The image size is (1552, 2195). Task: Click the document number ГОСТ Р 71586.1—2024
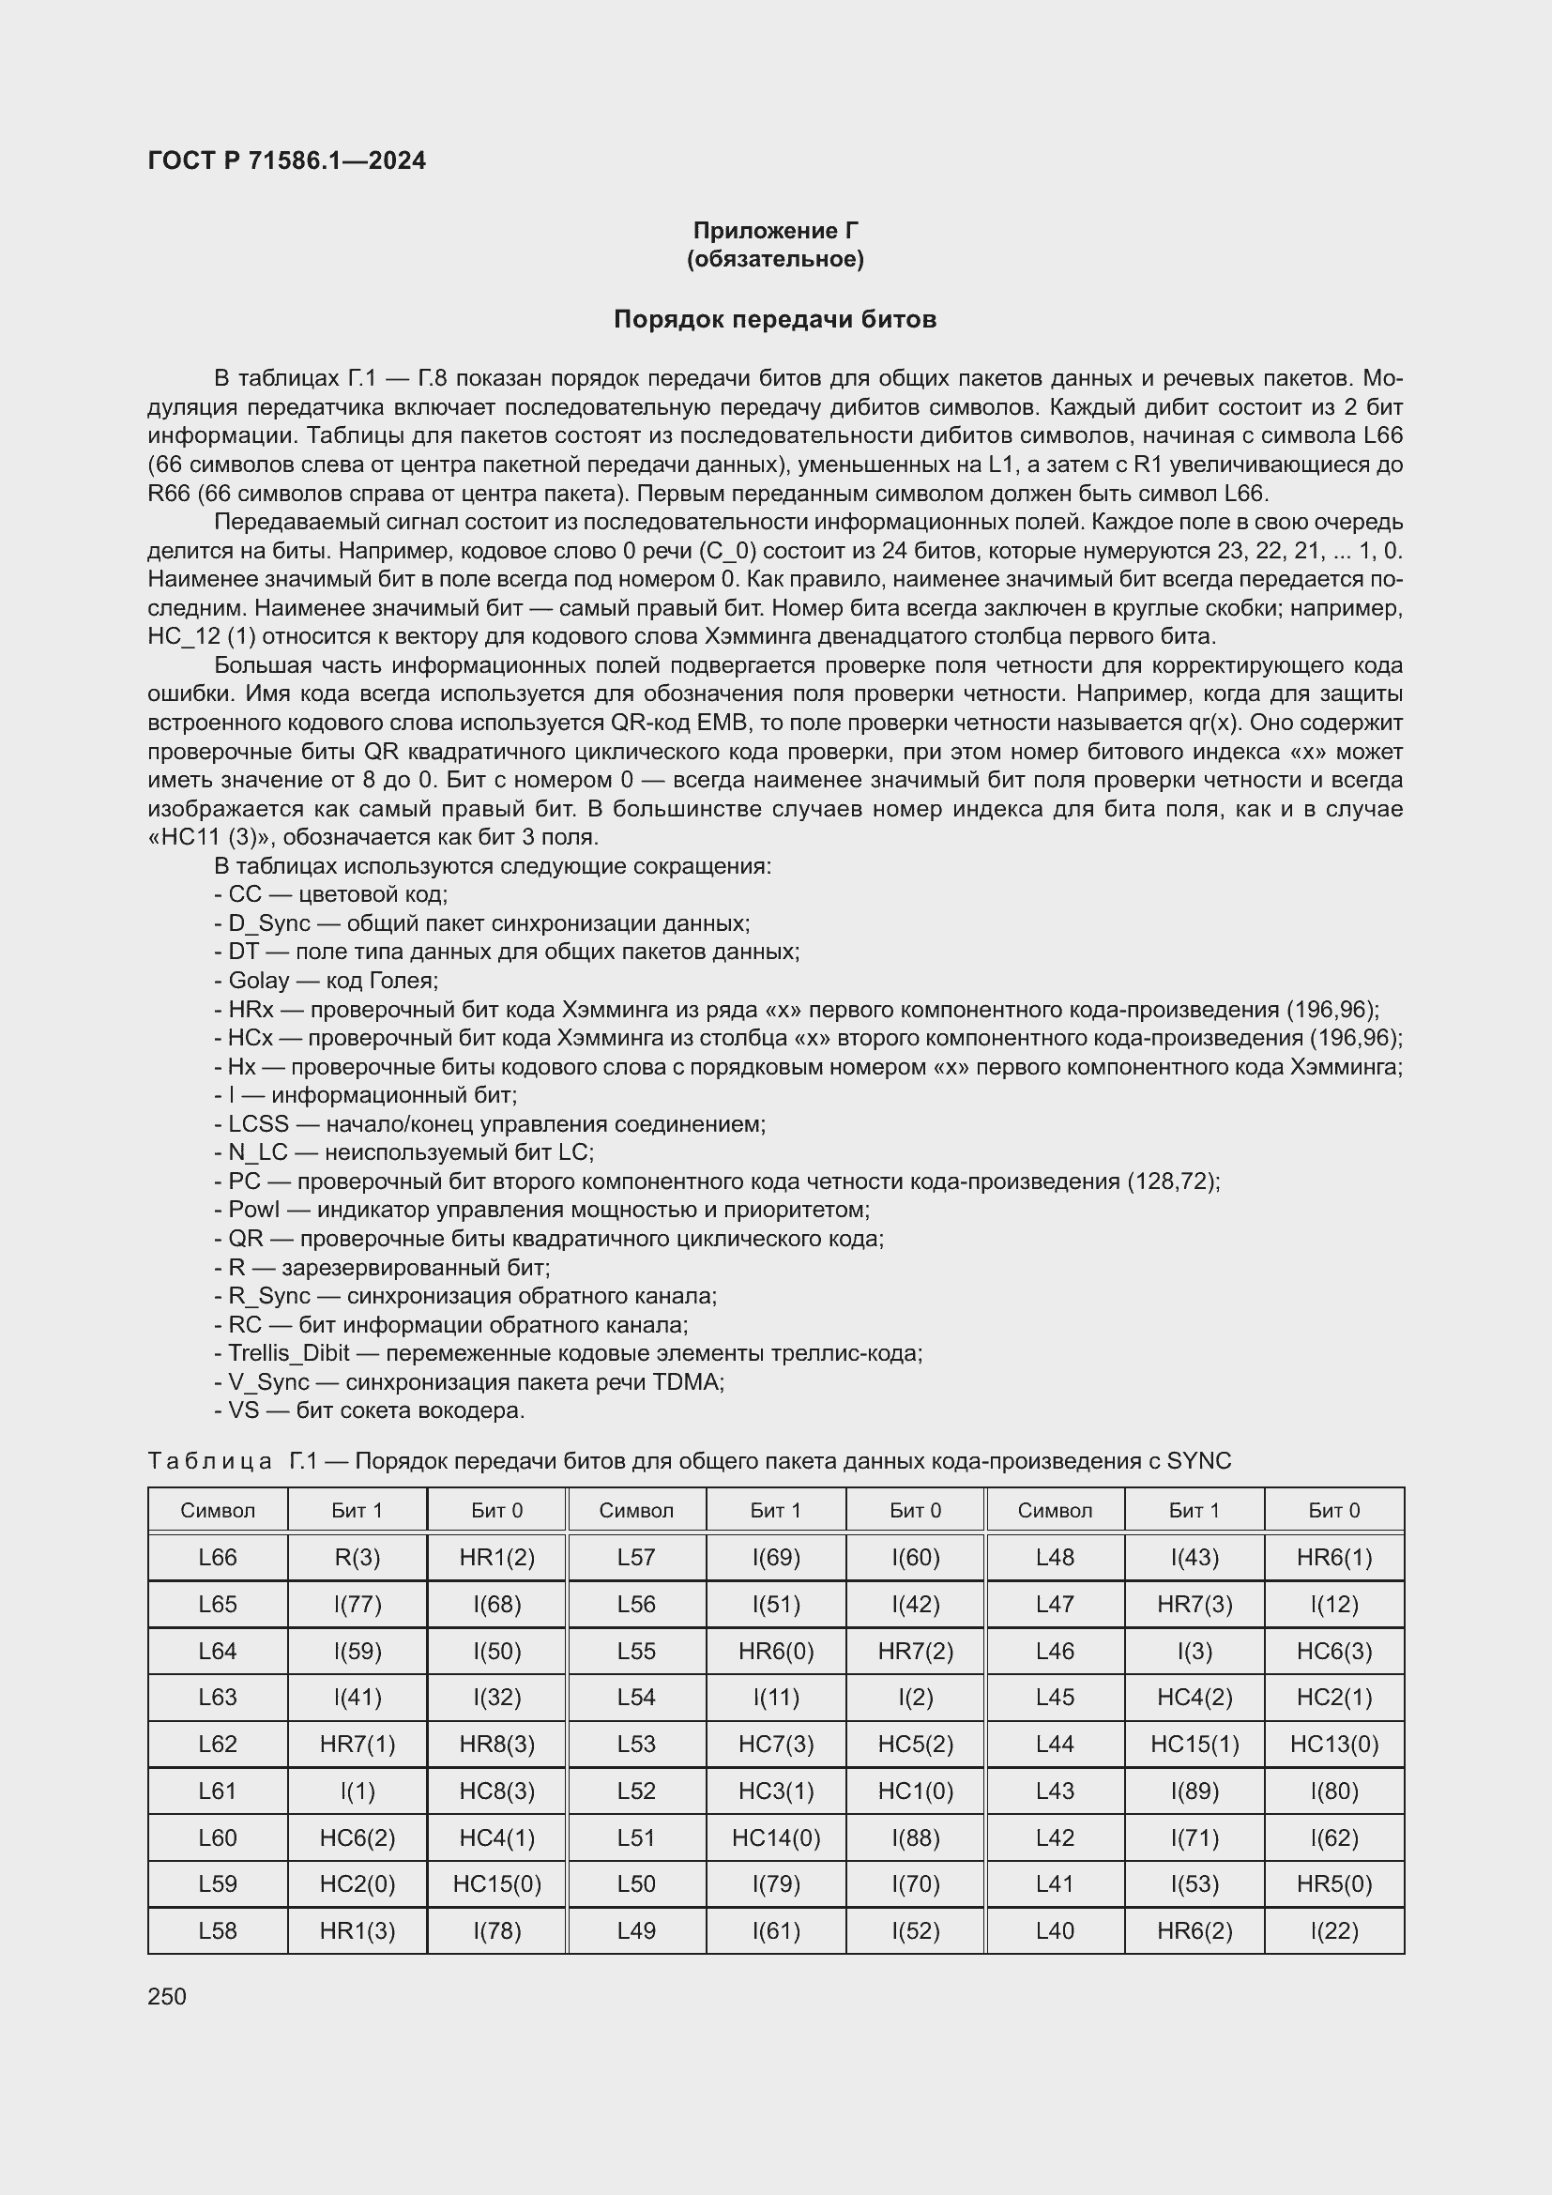(x=287, y=160)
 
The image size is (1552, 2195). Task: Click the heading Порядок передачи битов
(x=774, y=319)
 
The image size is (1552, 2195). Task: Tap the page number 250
(x=167, y=1996)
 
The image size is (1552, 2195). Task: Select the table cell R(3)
(x=358, y=1558)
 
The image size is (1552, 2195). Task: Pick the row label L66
(x=218, y=1558)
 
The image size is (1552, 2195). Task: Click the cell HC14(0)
(x=775, y=1837)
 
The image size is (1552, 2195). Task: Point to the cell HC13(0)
(x=1333, y=1744)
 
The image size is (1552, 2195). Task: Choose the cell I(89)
(x=1194, y=1791)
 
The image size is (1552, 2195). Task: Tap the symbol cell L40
(x=1054, y=1930)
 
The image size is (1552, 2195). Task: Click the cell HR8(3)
(x=497, y=1744)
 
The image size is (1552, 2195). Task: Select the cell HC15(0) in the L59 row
(x=497, y=1883)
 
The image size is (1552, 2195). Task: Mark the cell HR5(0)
(x=1333, y=1883)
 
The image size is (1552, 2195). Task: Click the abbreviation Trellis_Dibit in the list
(x=289, y=1354)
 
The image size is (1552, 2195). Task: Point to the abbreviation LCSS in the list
(x=258, y=1124)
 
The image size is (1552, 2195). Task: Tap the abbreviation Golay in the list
(x=258, y=981)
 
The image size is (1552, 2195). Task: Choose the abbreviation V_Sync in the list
(x=268, y=1382)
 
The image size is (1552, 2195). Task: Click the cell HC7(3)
(x=775, y=1744)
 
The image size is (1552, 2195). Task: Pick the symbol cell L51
(x=635, y=1837)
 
